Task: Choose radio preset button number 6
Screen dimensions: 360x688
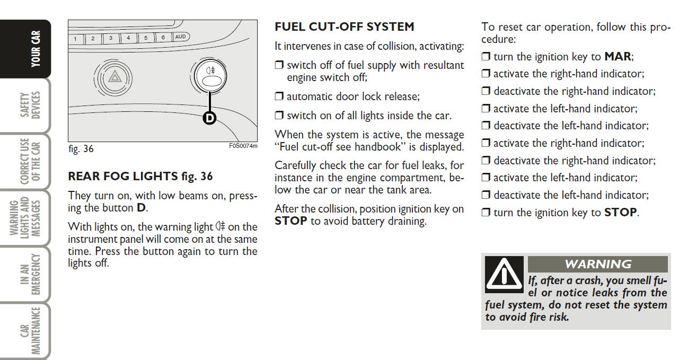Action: pyautogui.click(x=163, y=38)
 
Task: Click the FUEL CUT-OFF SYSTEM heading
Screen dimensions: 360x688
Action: pyautogui.click(x=344, y=27)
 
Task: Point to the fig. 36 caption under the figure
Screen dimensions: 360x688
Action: pyautogui.click(x=81, y=149)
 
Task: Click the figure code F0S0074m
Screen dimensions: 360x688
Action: pyautogui.click(x=243, y=146)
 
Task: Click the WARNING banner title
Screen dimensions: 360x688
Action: pyautogui.click(x=598, y=264)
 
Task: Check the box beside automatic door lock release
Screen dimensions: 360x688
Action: pyautogui.click(x=279, y=97)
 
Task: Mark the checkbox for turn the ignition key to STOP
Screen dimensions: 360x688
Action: pyautogui.click(x=486, y=213)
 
